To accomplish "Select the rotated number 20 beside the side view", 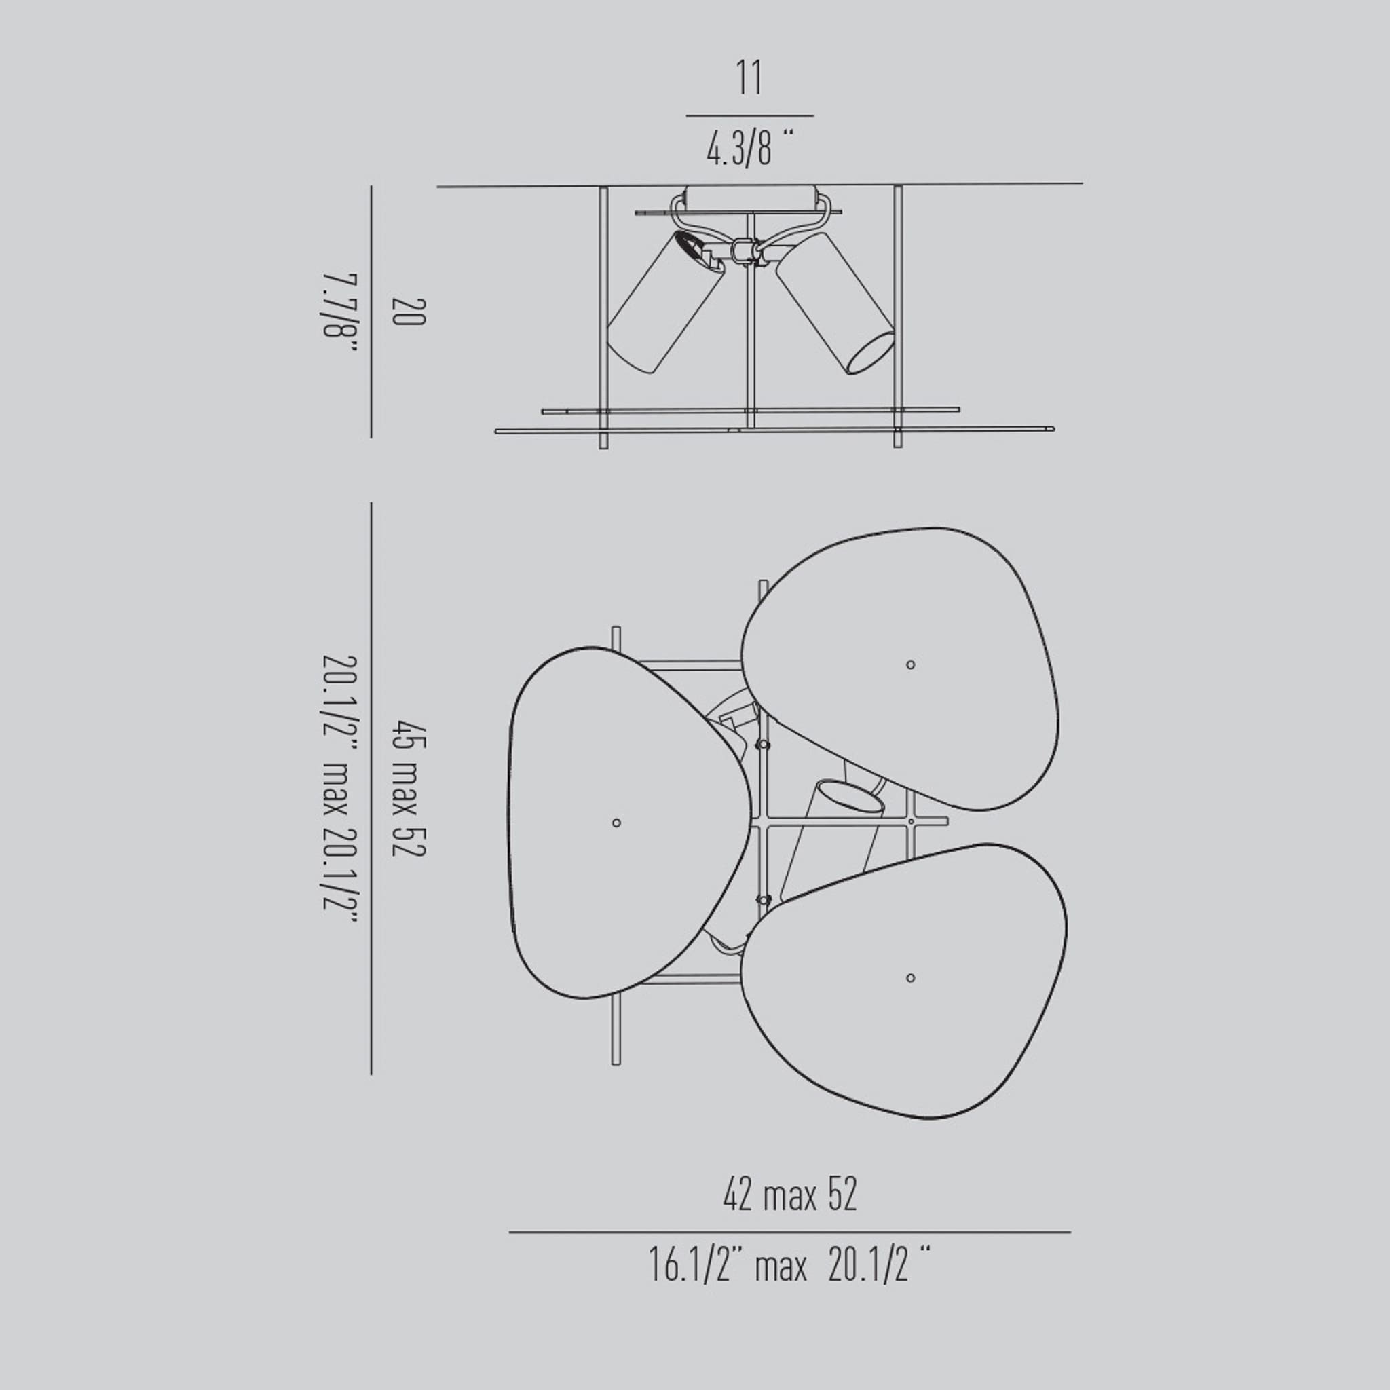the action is coord(409,312).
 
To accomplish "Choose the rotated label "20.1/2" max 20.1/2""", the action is coord(339,791).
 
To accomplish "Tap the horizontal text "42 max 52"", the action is coord(790,1196).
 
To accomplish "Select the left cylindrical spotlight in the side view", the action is coord(666,302).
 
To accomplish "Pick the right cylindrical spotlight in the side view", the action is coord(835,302).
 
